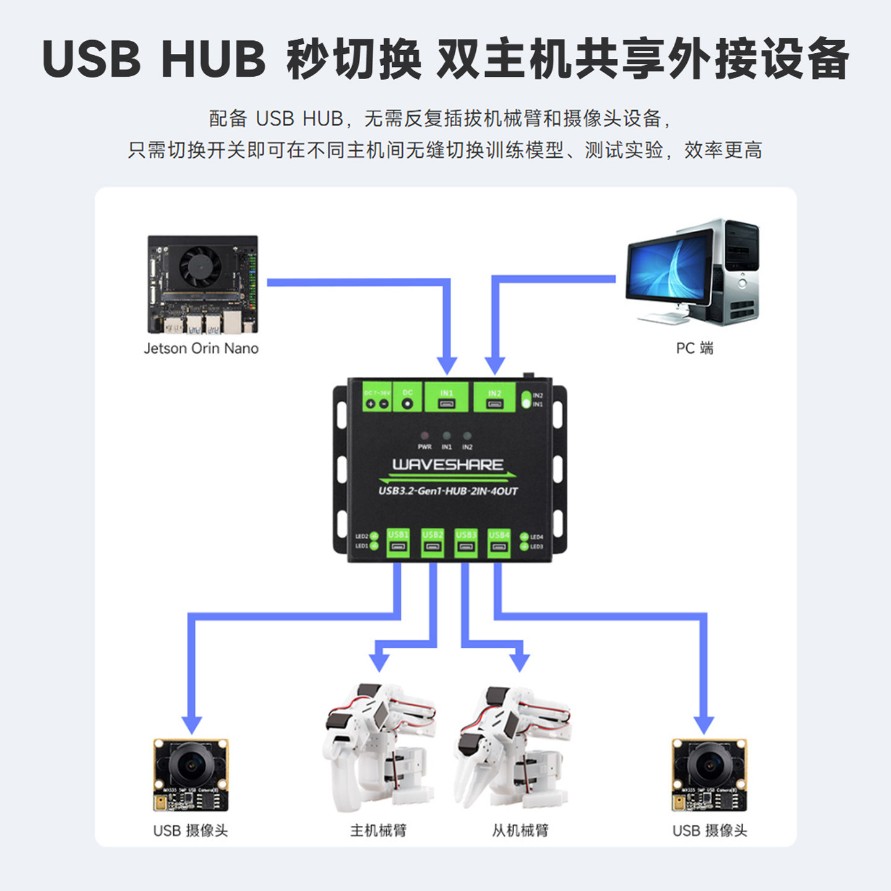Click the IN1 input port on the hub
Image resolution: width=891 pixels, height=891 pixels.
coord(446,403)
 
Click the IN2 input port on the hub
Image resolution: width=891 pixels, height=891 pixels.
coord(494,404)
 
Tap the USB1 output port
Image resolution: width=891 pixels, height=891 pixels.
coord(398,547)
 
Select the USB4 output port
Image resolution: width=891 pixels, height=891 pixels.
coord(499,547)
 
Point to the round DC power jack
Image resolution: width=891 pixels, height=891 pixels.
coord(407,403)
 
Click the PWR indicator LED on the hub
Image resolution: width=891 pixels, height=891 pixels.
coord(424,436)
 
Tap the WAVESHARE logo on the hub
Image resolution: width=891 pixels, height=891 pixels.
coord(447,465)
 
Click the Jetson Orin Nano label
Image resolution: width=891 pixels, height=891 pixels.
coord(201,348)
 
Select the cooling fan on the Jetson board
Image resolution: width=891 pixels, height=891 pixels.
coord(200,267)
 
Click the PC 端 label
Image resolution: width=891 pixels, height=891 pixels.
coord(694,348)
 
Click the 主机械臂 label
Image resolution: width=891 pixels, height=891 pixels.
coord(378,830)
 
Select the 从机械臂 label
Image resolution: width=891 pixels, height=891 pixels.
coord(520,830)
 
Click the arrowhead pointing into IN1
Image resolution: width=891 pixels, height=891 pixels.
coord(447,365)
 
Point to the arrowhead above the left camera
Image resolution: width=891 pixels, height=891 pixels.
coord(192,725)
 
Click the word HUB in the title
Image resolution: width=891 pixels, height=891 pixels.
coord(213,59)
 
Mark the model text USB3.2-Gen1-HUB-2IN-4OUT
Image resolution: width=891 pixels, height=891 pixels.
coord(447,491)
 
